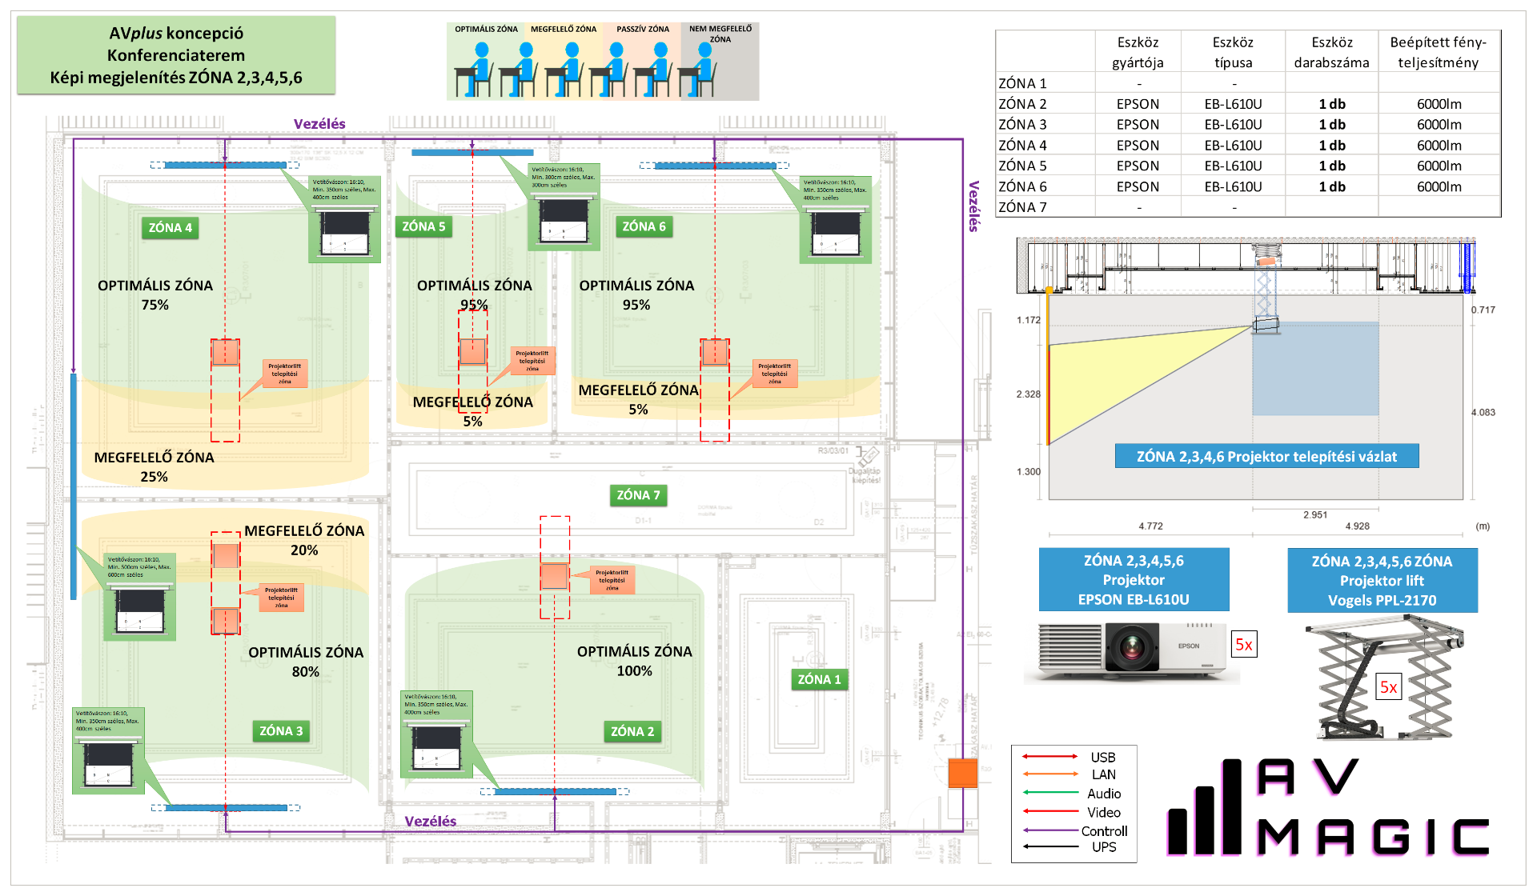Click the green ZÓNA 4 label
click(x=171, y=228)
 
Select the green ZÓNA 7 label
click(x=638, y=495)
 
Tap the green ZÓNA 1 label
click(x=819, y=679)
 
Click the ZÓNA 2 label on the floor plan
click(x=632, y=731)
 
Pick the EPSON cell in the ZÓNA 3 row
click(x=1138, y=125)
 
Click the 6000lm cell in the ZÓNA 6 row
click(x=1439, y=186)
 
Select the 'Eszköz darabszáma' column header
click(x=1331, y=53)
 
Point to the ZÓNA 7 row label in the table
click(x=1022, y=207)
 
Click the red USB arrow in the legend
click(x=1050, y=756)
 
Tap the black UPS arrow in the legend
click(x=1050, y=846)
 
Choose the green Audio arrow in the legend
click(x=1050, y=793)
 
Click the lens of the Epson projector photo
click(x=1132, y=646)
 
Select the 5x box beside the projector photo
click(x=1244, y=645)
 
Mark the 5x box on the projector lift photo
click(x=1388, y=687)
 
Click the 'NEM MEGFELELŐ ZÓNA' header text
click(x=720, y=34)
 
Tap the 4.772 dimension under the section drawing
click(x=1150, y=526)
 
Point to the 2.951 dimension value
click(x=1314, y=515)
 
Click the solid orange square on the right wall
click(x=962, y=774)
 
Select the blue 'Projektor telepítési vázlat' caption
click(x=1266, y=457)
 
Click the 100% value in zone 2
click(x=634, y=671)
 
